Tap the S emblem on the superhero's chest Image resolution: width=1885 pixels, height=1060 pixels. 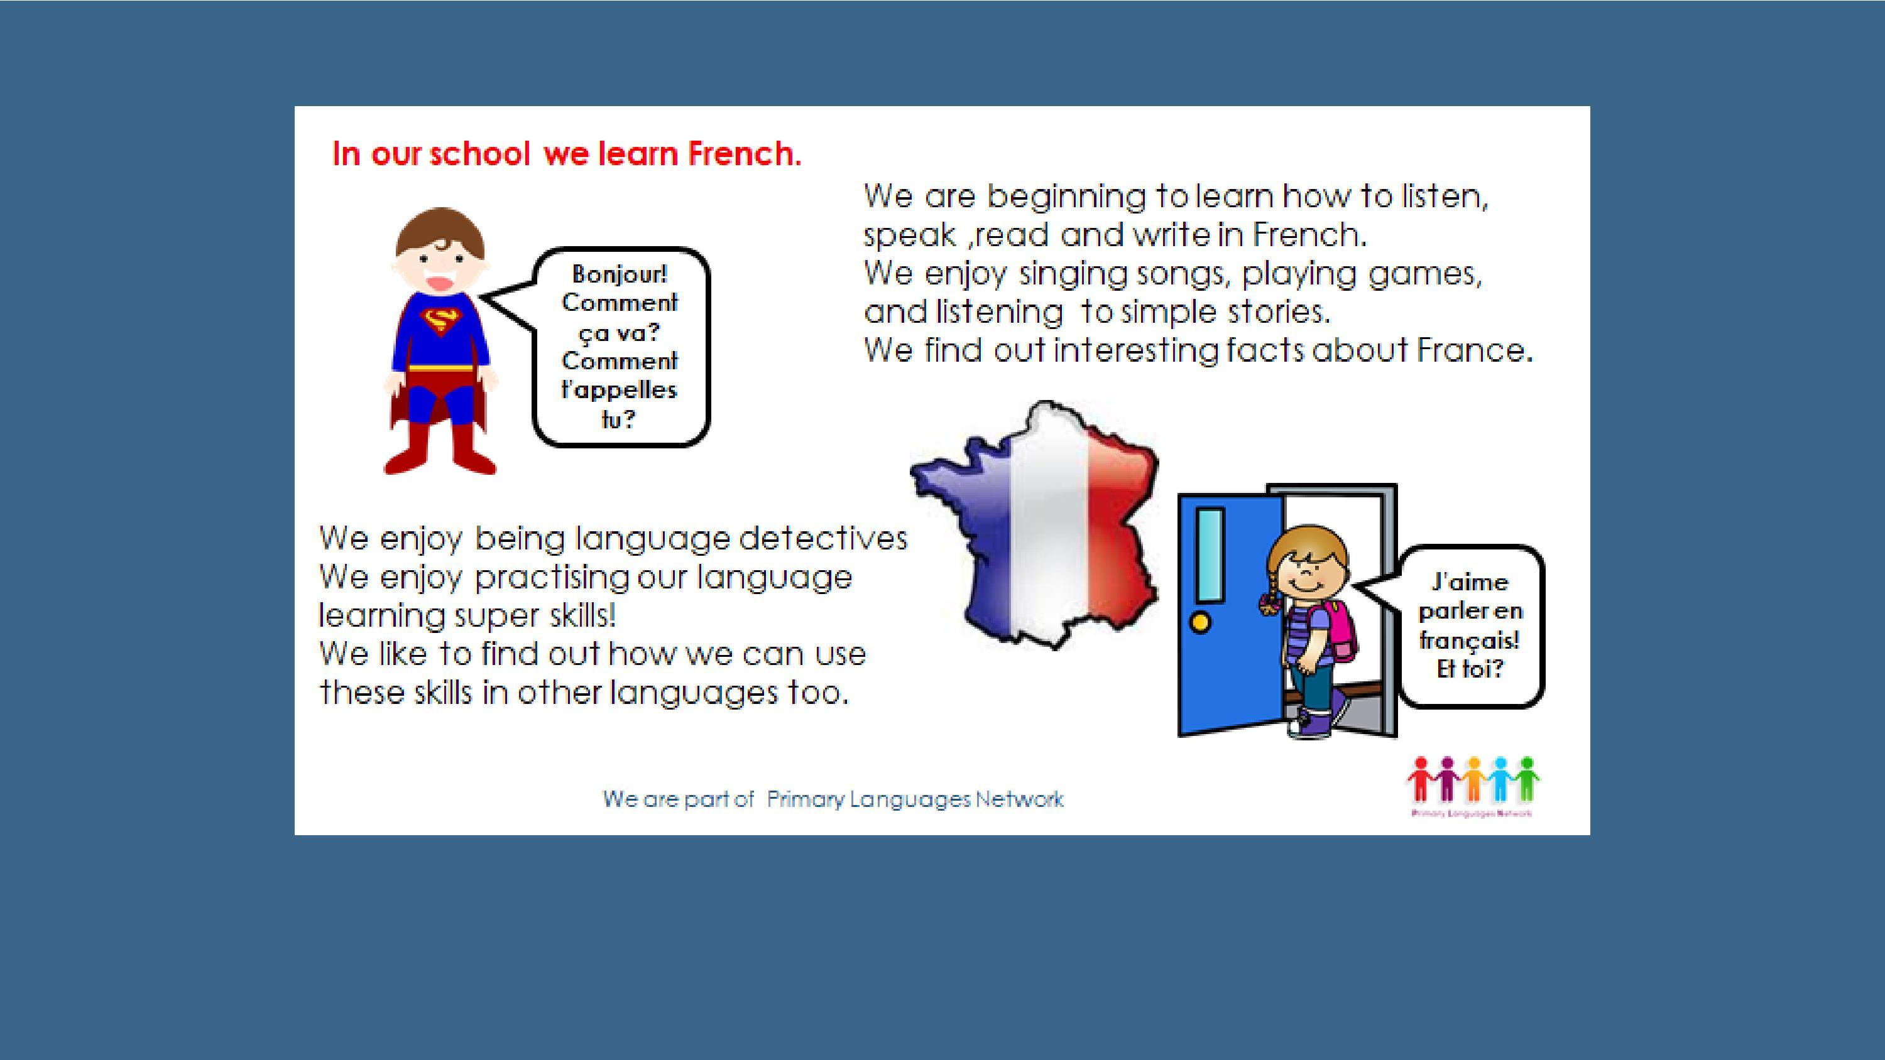[441, 320]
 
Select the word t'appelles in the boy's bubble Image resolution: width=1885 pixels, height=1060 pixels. [619, 389]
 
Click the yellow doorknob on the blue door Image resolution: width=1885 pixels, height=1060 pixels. [1201, 622]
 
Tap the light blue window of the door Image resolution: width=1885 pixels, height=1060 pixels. [1211, 554]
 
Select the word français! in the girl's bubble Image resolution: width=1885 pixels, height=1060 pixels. [1470, 641]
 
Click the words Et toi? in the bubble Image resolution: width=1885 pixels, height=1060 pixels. [1470, 669]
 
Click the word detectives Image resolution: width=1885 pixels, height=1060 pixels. [823, 538]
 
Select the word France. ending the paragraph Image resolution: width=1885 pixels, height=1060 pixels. [1475, 350]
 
